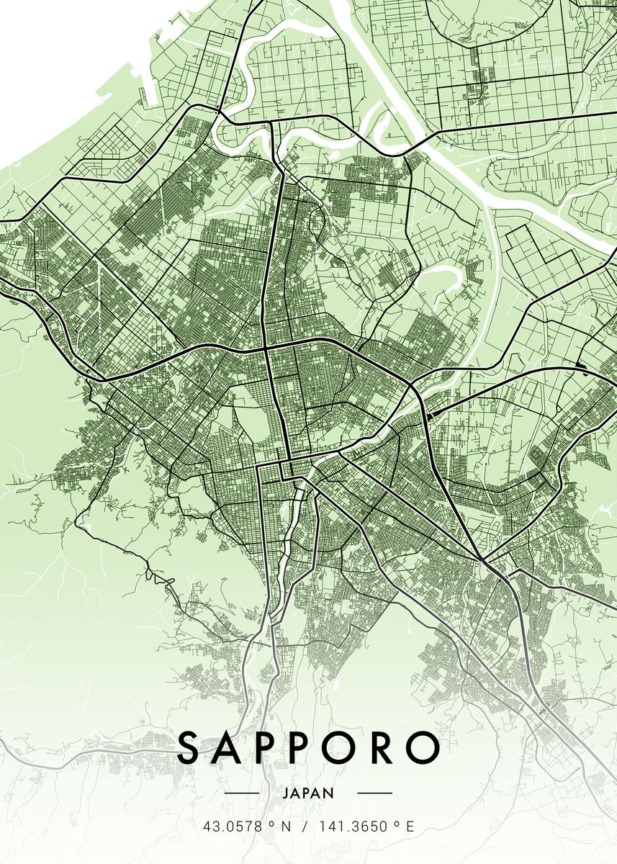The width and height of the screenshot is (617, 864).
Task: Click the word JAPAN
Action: point(308,793)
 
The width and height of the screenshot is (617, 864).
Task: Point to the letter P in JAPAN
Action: point(307,793)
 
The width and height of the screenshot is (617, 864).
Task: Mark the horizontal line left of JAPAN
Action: point(242,793)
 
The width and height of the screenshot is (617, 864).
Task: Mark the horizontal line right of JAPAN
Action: point(374,793)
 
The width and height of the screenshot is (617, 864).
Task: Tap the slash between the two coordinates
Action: point(305,827)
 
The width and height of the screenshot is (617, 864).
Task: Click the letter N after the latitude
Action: point(286,827)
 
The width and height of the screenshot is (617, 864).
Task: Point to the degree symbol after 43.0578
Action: point(271,824)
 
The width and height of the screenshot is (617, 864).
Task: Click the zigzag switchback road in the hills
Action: point(155,576)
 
